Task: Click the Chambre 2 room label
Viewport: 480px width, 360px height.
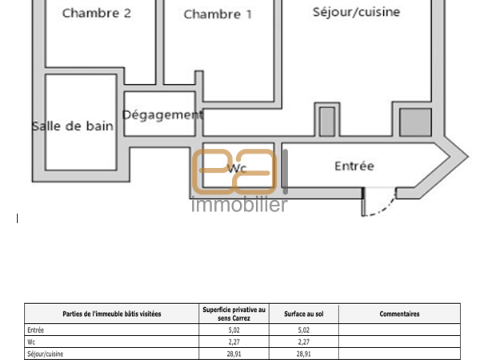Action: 97,13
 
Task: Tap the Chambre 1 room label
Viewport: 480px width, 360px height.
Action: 218,14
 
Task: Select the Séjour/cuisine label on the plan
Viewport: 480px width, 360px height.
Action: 356,12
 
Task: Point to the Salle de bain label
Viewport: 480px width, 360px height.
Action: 73,126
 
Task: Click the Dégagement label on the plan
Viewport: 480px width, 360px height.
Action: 162,115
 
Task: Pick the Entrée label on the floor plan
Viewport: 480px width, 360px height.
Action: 354,166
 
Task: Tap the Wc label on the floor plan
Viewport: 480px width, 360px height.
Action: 237,168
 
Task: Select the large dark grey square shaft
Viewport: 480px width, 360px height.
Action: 415,122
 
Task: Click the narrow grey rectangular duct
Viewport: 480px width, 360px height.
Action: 327,122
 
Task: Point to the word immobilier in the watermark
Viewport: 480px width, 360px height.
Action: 239,205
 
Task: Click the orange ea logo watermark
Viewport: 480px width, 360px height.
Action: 234,171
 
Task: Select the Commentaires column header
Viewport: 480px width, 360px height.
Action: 399,314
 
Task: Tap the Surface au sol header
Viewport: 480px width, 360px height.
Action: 304,314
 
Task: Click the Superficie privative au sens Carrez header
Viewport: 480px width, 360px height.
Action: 234,314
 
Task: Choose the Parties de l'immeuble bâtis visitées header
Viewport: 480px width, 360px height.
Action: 112,314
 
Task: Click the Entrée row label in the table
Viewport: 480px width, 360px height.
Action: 35,330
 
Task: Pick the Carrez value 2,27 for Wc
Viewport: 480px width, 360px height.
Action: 234,342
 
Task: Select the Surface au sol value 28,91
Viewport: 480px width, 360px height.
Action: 303,354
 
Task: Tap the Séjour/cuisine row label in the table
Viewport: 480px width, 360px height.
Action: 46,354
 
